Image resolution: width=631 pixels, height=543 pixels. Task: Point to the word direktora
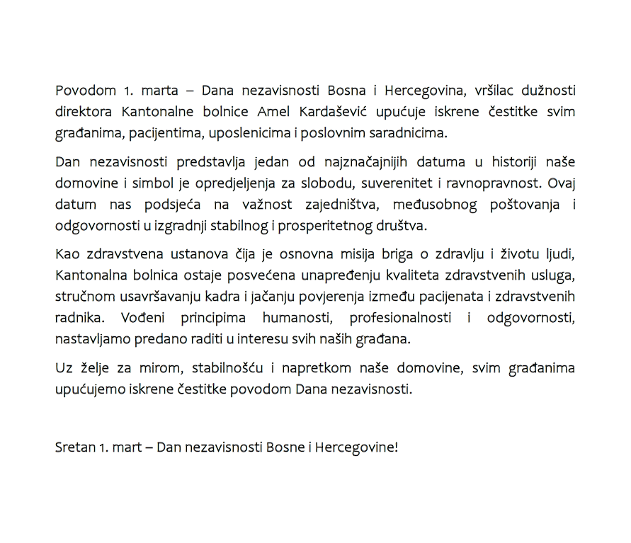(84, 112)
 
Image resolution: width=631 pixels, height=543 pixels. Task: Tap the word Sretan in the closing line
(74, 447)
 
